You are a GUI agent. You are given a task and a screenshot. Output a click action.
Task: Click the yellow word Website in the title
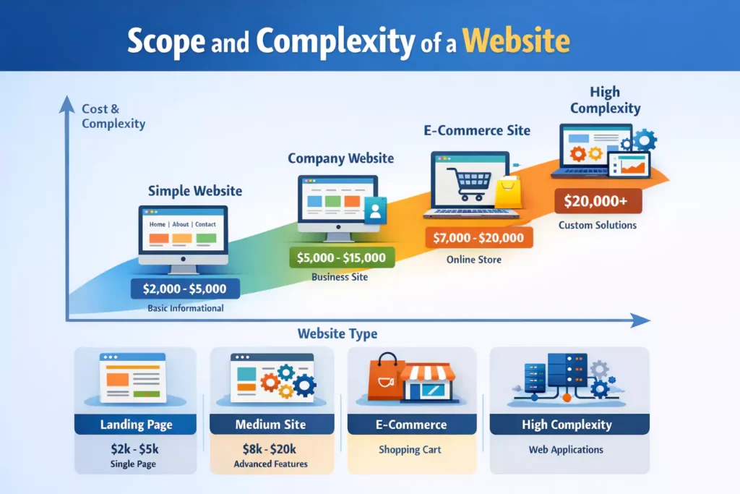point(516,41)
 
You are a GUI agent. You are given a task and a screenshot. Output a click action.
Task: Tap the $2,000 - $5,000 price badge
point(185,289)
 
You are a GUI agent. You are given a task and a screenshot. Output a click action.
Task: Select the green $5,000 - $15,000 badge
point(342,257)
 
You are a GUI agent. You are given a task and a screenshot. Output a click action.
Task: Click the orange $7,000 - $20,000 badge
point(478,237)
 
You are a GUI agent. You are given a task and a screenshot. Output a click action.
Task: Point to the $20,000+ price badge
point(598,201)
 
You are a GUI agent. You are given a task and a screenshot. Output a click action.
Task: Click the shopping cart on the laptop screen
point(468,183)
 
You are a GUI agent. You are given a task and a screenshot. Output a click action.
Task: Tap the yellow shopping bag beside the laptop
point(508,192)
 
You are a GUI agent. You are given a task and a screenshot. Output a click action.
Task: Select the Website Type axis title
point(337,334)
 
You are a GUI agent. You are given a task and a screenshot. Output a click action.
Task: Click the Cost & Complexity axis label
point(113,116)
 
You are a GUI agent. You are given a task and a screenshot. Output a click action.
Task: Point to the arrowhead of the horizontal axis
point(641,320)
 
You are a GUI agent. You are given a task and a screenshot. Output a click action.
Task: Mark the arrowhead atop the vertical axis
point(67,105)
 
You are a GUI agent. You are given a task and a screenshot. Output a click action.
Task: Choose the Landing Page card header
point(135,424)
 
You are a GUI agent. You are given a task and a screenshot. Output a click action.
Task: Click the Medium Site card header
point(272,424)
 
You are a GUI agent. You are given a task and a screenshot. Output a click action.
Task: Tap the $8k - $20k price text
point(270,448)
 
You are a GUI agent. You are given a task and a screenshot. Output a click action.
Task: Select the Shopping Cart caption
point(410,450)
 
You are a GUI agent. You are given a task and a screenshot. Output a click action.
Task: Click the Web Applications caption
point(566,450)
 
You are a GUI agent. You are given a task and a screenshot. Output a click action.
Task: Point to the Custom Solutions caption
point(598,225)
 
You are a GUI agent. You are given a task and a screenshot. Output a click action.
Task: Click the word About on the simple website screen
point(180,224)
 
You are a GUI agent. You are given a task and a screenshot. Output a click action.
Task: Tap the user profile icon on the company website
point(376,210)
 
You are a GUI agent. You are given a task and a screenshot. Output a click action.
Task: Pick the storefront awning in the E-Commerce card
point(428,373)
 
